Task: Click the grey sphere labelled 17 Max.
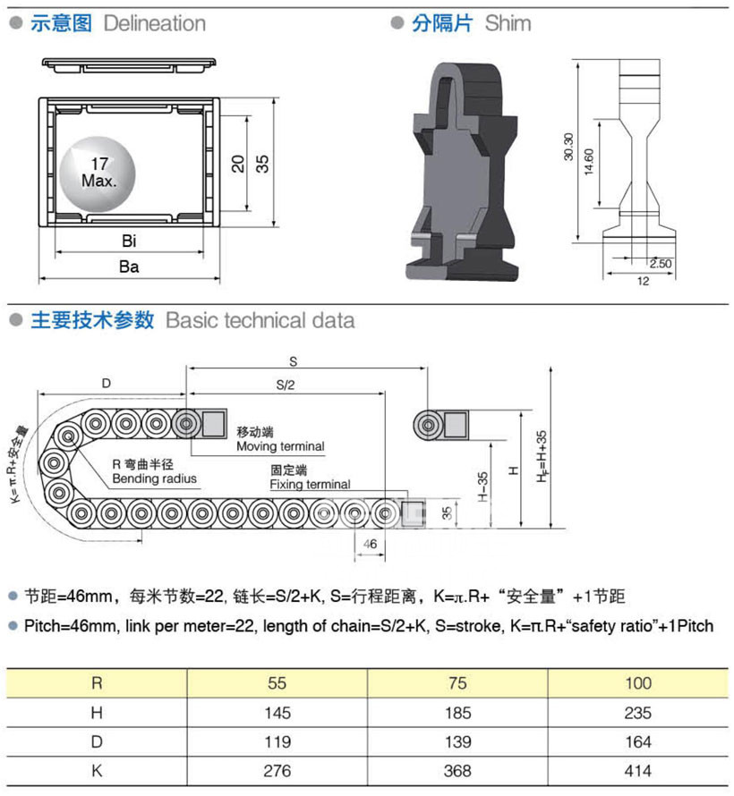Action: click(98, 169)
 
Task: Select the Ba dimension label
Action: click(130, 267)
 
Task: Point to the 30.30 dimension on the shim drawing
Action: click(568, 147)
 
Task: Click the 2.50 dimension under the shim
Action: click(660, 264)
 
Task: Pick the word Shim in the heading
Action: click(508, 23)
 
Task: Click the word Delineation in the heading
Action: click(154, 23)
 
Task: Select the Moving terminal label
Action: click(280, 446)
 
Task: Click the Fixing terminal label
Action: click(310, 485)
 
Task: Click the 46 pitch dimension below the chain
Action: click(369, 543)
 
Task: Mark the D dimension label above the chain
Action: click(106, 384)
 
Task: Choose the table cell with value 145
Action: click(277, 713)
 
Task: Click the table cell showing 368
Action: click(457, 770)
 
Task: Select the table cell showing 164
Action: click(638, 741)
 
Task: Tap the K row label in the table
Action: click(96, 770)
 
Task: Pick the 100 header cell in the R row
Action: click(638, 683)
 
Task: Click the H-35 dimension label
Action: click(484, 487)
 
